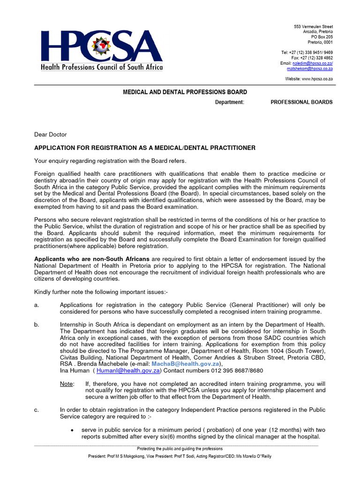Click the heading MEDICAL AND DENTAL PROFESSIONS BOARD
pyautogui.click(x=185, y=92)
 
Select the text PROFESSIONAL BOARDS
pyautogui.click(x=301, y=102)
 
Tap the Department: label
pyautogui.click(x=229, y=102)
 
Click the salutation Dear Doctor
pyautogui.click(x=51, y=135)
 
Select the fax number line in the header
pyautogui.click(x=312, y=58)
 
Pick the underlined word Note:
pyautogui.click(x=67, y=384)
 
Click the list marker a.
pyautogui.click(x=37, y=305)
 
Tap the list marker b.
pyautogui.click(x=37, y=325)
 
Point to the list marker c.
pyautogui.click(x=37, y=410)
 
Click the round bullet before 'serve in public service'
pyautogui.click(x=71, y=430)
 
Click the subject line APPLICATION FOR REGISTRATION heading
pyautogui.click(x=145, y=148)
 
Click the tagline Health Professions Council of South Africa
pyautogui.click(x=102, y=67)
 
